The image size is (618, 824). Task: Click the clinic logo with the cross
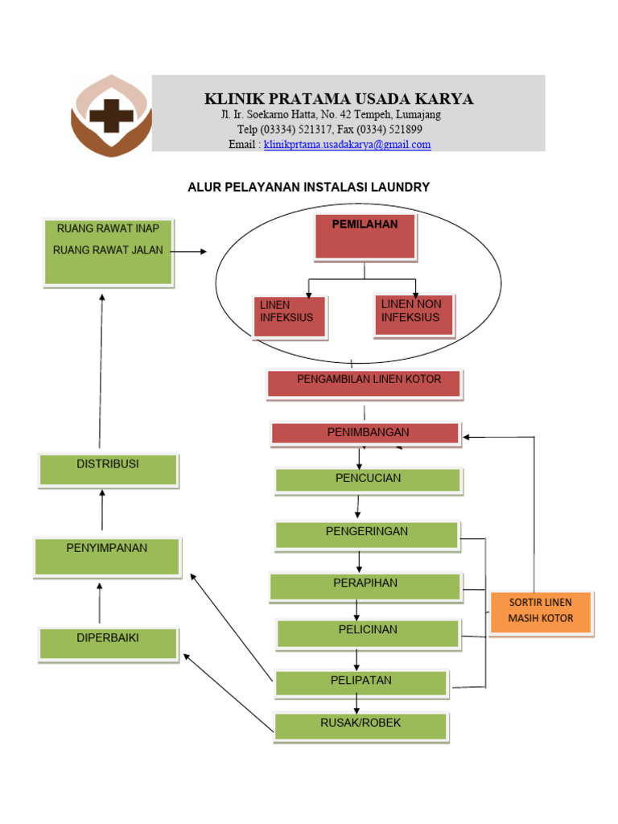click(110, 115)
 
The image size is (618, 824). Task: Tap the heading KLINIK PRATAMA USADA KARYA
click(339, 99)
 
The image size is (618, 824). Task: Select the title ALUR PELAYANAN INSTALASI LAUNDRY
click(309, 187)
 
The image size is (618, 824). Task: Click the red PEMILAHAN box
click(365, 237)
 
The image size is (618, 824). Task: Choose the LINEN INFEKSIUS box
click(289, 315)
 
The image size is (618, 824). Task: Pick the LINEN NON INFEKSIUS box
click(414, 315)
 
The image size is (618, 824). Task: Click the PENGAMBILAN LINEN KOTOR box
click(365, 383)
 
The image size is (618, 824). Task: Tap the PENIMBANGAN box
click(365, 434)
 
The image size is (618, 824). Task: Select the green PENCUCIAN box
click(368, 480)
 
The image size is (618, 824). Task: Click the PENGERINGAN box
click(367, 535)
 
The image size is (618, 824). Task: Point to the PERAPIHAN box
click(365, 587)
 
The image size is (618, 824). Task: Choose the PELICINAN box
click(368, 634)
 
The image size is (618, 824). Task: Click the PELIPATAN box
click(361, 683)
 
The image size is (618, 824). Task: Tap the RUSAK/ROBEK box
click(360, 726)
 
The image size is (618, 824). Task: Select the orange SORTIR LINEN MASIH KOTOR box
click(541, 613)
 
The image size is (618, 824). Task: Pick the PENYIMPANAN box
click(107, 557)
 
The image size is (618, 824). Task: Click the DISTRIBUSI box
click(108, 470)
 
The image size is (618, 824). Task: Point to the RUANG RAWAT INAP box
click(108, 251)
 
